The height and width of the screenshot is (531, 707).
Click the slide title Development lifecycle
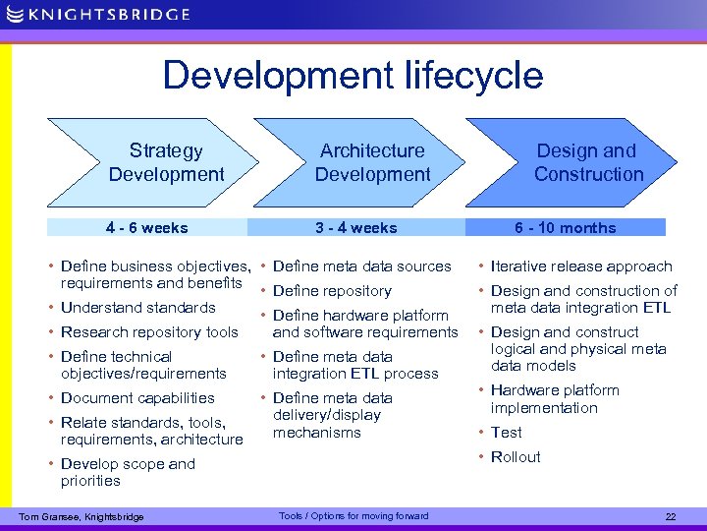[353, 76]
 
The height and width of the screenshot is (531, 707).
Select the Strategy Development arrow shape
[157, 162]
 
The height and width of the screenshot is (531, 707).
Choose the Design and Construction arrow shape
[579, 162]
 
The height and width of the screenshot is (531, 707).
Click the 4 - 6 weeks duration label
[147, 228]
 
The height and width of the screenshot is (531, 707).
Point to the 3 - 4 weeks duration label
[355, 228]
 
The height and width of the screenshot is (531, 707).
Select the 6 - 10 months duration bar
[566, 228]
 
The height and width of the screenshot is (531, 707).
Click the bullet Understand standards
[137, 308]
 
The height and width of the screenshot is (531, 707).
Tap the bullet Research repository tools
[149, 332]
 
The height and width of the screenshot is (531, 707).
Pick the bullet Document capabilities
[137, 398]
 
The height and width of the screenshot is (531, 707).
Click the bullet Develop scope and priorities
[128, 472]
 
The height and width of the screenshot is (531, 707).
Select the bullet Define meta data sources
[361, 266]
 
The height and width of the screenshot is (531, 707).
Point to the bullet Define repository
[332, 291]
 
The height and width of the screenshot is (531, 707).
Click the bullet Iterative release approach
[581, 266]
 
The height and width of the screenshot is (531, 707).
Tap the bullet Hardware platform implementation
[555, 399]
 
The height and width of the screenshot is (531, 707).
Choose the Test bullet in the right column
[507, 433]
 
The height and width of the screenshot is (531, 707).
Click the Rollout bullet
[516, 457]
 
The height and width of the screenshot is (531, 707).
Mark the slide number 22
[671, 517]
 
